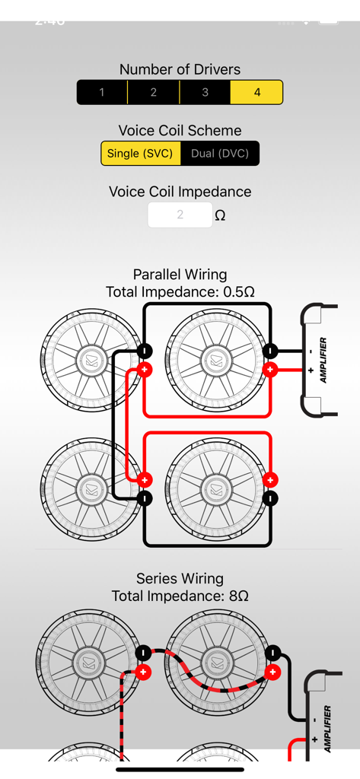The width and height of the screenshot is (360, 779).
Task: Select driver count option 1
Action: click(x=102, y=92)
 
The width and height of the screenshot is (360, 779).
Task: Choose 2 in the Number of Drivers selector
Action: click(x=153, y=92)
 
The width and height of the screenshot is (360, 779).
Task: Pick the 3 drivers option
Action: click(x=205, y=92)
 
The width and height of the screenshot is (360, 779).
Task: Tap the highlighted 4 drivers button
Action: click(x=256, y=92)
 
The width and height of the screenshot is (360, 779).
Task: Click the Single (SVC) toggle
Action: click(x=141, y=153)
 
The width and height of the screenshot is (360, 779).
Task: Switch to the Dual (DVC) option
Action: click(x=220, y=153)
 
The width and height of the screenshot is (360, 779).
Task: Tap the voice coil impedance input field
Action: click(x=180, y=215)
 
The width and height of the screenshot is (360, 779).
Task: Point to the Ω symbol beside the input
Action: click(x=220, y=215)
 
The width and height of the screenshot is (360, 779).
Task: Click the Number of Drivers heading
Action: click(x=180, y=69)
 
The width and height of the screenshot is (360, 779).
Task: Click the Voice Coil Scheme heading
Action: click(x=180, y=130)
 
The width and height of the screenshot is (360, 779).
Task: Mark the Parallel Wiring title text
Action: click(x=180, y=274)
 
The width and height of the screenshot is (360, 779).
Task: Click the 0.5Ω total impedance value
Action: click(x=238, y=291)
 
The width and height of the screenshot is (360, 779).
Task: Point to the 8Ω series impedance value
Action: click(x=238, y=596)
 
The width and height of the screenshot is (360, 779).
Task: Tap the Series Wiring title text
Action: click(x=180, y=578)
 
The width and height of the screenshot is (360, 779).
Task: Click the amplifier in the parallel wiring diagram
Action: click(x=320, y=361)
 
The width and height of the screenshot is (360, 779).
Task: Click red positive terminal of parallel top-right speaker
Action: click(x=270, y=370)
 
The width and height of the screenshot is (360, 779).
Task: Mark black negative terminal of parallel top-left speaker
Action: click(x=145, y=351)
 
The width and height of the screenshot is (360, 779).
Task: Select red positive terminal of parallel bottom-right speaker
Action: click(x=270, y=480)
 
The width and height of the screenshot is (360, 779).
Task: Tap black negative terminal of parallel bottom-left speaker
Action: click(x=145, y=498)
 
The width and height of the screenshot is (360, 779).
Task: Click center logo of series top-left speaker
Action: click(x=90, y=662)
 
